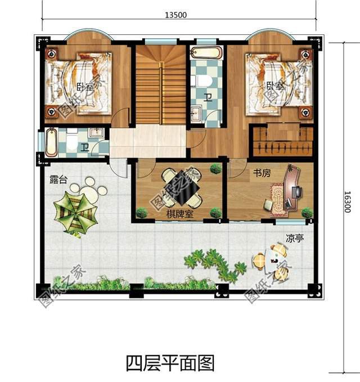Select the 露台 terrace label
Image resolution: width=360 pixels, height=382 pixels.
(x=57, y=180)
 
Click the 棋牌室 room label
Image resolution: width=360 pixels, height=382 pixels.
(x=179, y=214)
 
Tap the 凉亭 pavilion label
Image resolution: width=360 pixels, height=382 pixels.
(x=294, y=239)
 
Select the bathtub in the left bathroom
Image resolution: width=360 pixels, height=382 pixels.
(x=51, y=143)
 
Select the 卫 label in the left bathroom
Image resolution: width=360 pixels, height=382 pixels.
(x=84, y=148)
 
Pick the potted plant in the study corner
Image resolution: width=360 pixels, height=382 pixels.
(x=307, y=213)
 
